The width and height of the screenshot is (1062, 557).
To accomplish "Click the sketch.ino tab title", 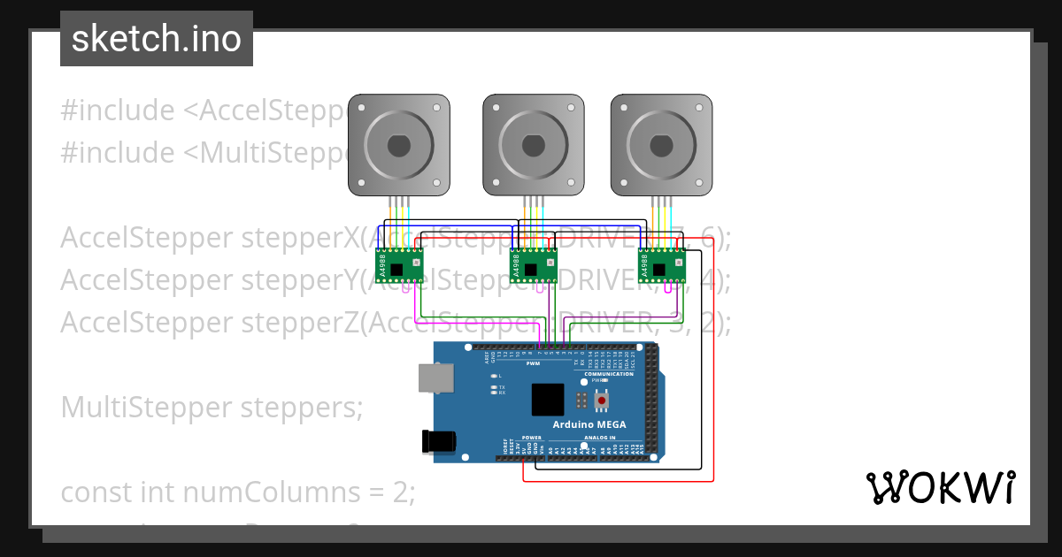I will (157, 39).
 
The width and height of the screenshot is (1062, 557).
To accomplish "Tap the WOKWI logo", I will (939, 487).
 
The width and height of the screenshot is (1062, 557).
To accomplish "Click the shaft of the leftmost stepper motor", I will (398, 144).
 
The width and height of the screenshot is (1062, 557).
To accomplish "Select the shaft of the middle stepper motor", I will (534, 144).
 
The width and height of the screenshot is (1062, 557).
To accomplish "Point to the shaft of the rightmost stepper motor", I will (661, 144).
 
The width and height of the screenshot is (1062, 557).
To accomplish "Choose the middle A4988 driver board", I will (533, 264).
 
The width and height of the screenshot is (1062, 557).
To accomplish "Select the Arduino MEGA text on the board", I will (589, 424).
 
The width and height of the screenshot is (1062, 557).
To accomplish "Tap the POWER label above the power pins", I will (531, 438).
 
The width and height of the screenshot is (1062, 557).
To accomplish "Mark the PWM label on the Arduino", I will (533, 363).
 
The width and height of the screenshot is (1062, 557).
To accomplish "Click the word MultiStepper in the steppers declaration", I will (145, 407).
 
